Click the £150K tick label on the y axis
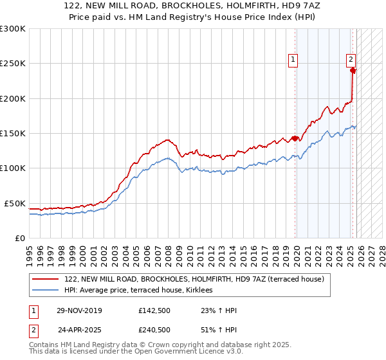(13, 134)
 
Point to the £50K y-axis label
(15, 203)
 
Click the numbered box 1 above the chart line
(293, 60)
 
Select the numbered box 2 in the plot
(351, 60)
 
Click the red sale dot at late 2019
(295, 138)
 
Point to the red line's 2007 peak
(167, 139)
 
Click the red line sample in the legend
(46, 279)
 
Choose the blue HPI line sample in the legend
(46, 291)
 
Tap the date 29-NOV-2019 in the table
(80, 310)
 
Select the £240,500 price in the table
(154, 329)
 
